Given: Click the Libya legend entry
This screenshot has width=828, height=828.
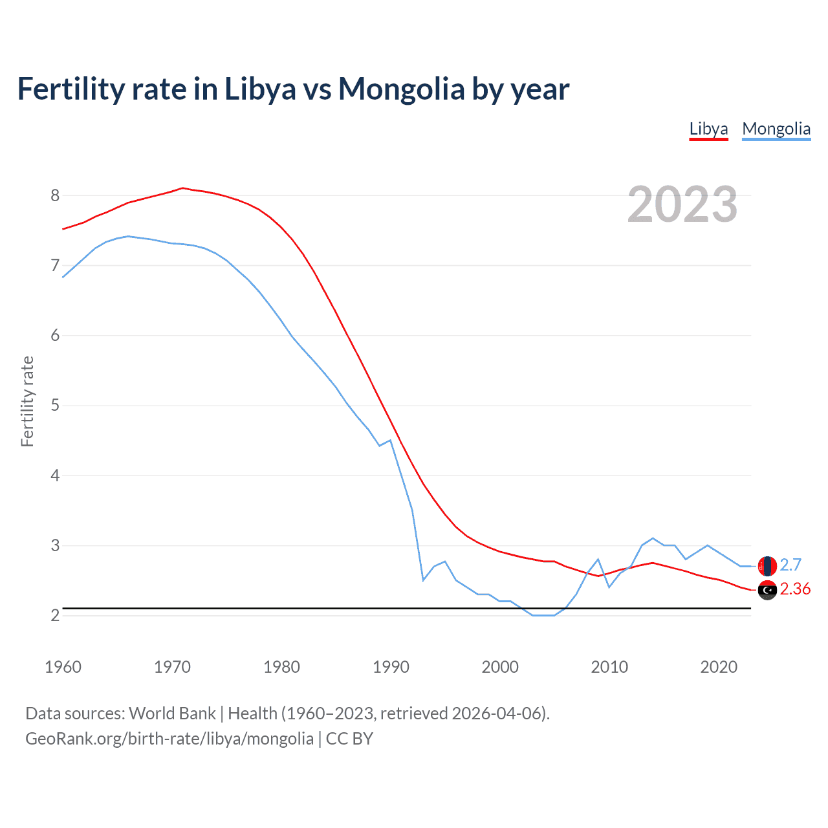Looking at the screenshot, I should [708, 129].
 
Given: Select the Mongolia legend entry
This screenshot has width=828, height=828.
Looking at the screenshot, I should [776, 129].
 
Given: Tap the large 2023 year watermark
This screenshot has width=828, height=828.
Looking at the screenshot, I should [682, 204].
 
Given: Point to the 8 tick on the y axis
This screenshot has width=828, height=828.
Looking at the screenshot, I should [55, 195].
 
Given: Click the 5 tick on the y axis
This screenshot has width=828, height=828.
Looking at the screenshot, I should [55, 406].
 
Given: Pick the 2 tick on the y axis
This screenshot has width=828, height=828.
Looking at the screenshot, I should [55, 615].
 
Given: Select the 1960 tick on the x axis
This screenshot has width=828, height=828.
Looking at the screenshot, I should [63, 667].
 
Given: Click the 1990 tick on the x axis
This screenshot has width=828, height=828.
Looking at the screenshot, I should [391, 667].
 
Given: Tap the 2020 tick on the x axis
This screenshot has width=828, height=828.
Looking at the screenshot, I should [719, 667].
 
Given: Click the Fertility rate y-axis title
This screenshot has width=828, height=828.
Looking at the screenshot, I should [27, 401].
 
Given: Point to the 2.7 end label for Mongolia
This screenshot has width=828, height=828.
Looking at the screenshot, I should [790, 565].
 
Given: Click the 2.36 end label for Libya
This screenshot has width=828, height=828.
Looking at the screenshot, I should [795, 589].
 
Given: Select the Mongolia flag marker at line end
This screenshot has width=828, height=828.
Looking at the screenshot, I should [767, 566].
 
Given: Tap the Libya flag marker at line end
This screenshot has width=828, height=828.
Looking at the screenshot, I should [767, 590].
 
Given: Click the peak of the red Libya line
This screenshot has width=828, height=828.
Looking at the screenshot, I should [182, 188].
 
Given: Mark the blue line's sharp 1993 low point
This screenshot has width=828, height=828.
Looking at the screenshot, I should [423, 580].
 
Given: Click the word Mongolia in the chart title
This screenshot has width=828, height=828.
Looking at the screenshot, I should [401, 89].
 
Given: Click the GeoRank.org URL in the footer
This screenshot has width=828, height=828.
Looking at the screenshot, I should [169, 739].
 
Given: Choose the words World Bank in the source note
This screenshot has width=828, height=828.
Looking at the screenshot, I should [172, 714].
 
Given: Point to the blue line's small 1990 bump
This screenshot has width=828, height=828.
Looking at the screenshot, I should [390, 441].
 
